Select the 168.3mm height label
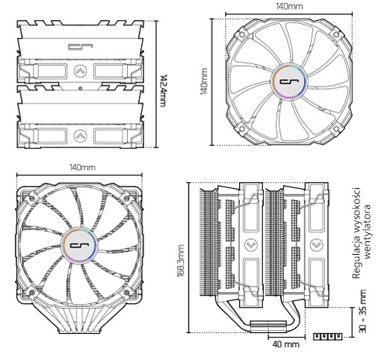pyautogui.click(x=180, y=258)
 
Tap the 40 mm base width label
pyautogui.click(x=285, y=345)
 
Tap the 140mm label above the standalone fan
pyautogui.click(x=289, y=6)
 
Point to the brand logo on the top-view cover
pyautogui.click(x=78, y=46)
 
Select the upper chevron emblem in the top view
pyautogui.click(x=80, y=72)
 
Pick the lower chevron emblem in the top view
pyautogui.click(x=80, y=135)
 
